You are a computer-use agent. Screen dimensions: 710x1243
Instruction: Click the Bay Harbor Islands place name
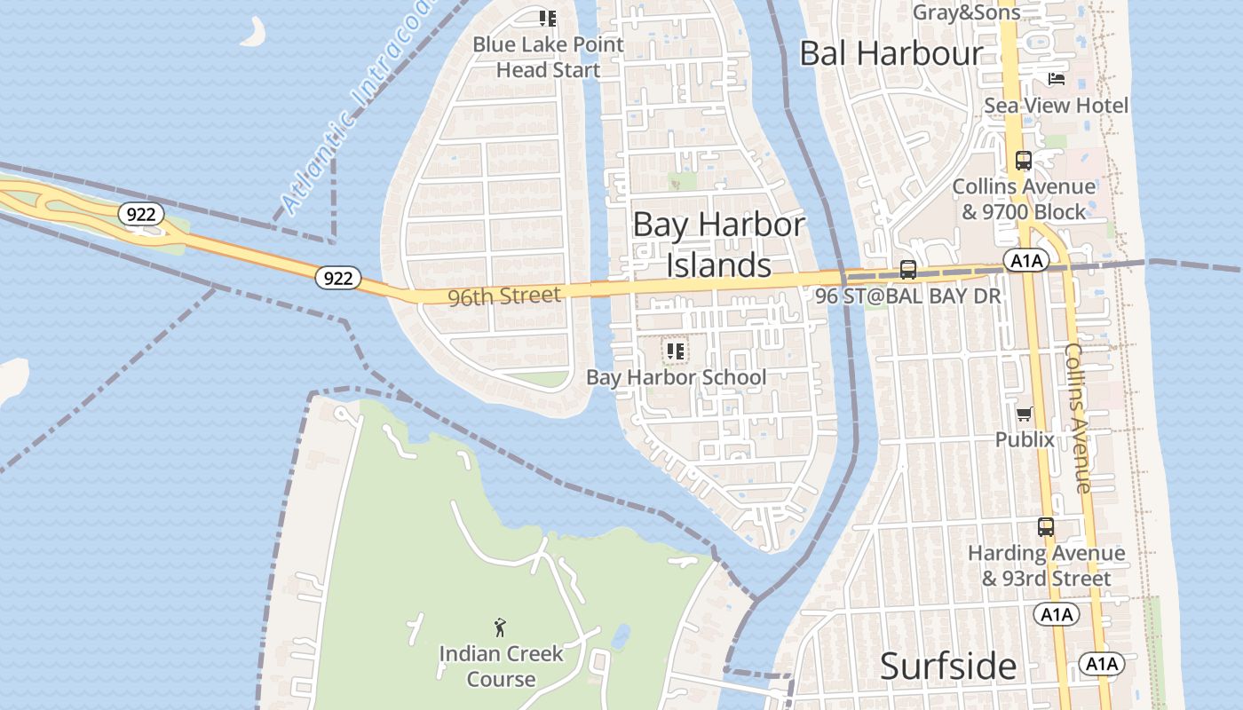click(718, 244)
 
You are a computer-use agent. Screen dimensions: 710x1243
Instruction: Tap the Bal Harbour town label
click(891, 53)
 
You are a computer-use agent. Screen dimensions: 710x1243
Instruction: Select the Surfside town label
click(948, 666)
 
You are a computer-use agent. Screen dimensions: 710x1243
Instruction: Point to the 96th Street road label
click(504, 296)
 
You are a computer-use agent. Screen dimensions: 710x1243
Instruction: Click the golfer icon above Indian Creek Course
click(501, 627)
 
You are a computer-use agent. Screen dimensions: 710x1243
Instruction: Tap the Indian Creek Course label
click(501, 667)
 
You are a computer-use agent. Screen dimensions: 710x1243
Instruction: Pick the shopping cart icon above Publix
click(1025, 414)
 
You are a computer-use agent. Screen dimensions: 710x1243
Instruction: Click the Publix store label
click(1025, 439)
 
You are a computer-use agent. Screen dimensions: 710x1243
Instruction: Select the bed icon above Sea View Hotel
click(1056, 79)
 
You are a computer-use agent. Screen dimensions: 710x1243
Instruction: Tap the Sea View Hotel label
click(1056, 106)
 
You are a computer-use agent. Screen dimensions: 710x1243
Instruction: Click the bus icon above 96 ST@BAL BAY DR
click(907, 270)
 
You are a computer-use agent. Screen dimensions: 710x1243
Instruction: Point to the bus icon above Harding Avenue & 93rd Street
click(1046, 527)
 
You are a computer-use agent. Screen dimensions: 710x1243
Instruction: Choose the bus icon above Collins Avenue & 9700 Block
click(1023, 161)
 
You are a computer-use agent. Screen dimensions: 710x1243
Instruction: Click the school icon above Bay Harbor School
click(676, 351)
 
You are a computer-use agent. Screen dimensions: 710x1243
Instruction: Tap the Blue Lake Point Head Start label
click(548, 57)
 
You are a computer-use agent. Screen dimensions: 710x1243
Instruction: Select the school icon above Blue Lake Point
click(548, 18)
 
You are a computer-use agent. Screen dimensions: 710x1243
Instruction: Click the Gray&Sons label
click(967, 12)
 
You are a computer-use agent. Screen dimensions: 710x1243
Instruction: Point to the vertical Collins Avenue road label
click(1078, 417)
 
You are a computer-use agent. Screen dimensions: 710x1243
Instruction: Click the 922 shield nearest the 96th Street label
click(337, 278)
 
